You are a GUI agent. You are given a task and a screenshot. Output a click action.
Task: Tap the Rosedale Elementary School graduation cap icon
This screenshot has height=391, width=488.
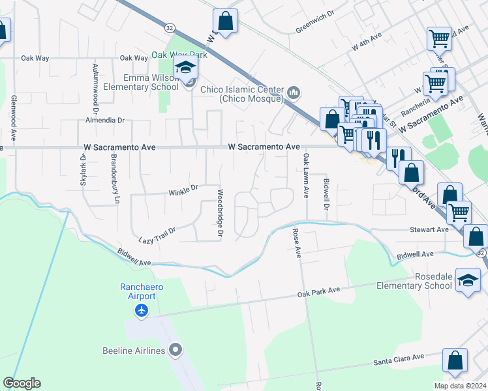pyautogui.click(x=468, y=280)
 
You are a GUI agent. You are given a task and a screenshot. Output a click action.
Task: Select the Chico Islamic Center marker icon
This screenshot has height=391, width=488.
pyautogui.click(x=294, y=94)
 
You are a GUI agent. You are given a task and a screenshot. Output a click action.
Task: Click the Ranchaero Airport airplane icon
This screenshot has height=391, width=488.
pyautogui.click(x=142, y=310)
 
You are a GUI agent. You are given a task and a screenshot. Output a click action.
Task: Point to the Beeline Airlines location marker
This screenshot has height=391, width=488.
pyautogui.click(x=175, y=351)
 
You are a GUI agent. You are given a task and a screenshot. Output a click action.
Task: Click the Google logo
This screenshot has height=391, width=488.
pyautogui.click(x=22, y=383)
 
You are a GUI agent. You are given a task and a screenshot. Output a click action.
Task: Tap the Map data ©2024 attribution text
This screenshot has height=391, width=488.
pyautogui.click(x=460, y=386)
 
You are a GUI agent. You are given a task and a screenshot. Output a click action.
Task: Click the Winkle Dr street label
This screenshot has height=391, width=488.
pyautogui.click(x=183, y=190)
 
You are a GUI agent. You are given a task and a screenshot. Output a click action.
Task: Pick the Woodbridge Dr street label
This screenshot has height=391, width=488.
pyautogui.click(x=221, y=213)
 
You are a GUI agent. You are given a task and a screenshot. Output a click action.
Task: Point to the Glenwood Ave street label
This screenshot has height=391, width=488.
pyautogui.click(x=13, y=117)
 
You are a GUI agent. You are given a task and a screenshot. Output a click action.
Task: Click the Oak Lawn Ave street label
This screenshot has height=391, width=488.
pyautogui.click(x=305, y=176)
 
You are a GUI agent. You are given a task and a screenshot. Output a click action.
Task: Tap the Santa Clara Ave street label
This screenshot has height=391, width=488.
pyautogui.click(x=398, y=358)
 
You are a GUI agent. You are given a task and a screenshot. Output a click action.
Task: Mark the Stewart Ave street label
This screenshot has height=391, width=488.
pyautogui.click(x=429, y=229)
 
